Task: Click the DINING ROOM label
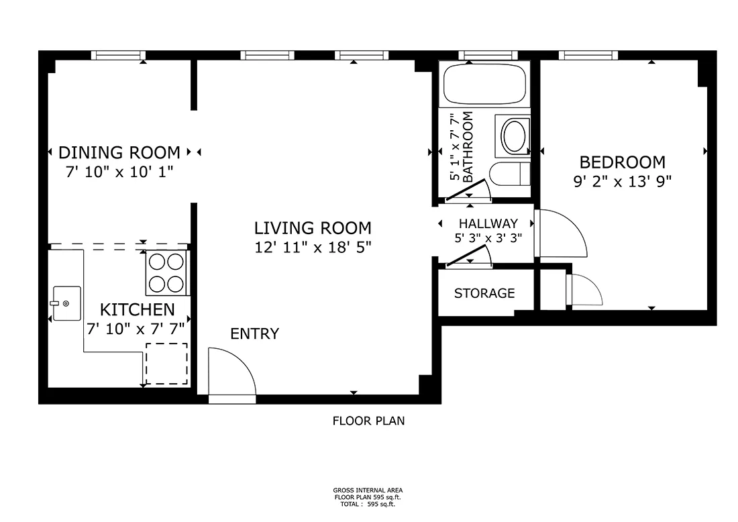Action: click(119, 152)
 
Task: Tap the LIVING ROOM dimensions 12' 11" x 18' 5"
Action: click(313, 247)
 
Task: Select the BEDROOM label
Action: click(622, 162)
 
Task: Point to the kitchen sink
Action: click(66, 303)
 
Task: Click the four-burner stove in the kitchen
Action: click(166, 273)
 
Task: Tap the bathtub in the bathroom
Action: click(484, 85)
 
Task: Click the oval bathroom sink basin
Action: click(514, 136)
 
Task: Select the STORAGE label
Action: click(484, 293)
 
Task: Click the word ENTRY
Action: click(255, 333)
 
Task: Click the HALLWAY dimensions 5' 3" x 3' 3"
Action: click(488, 238)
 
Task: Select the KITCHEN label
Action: click(138, 310)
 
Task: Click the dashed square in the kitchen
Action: click(166, 364)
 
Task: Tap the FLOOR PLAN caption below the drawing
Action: click(368, 421)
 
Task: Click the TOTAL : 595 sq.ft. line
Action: click(368, 504)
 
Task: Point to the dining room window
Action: click(118, 55)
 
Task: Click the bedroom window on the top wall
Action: click(588, 55)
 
